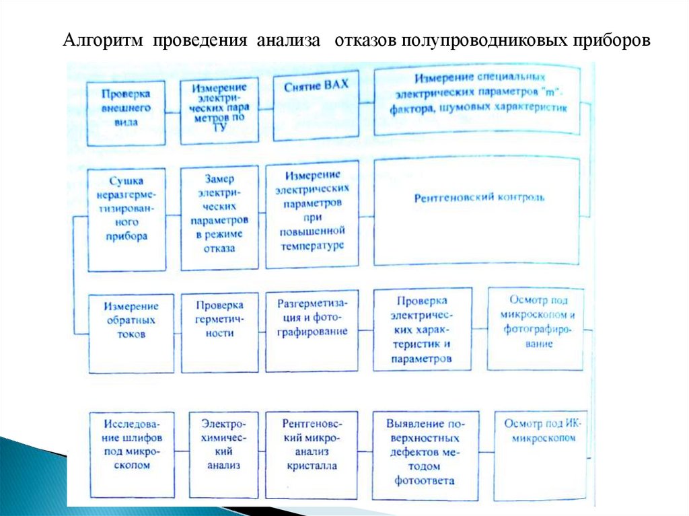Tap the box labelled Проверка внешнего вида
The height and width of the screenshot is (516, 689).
click(126, 112)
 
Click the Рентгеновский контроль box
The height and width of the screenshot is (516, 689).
click(477, 210)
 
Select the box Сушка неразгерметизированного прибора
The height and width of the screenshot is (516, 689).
click(126, 219)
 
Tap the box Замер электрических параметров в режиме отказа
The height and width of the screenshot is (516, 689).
click(219, 219)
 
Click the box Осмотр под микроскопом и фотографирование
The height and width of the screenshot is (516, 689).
click(536, 328)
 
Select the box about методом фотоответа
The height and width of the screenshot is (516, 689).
click(424, 455)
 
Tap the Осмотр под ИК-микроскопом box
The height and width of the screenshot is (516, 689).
click(540, 455)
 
